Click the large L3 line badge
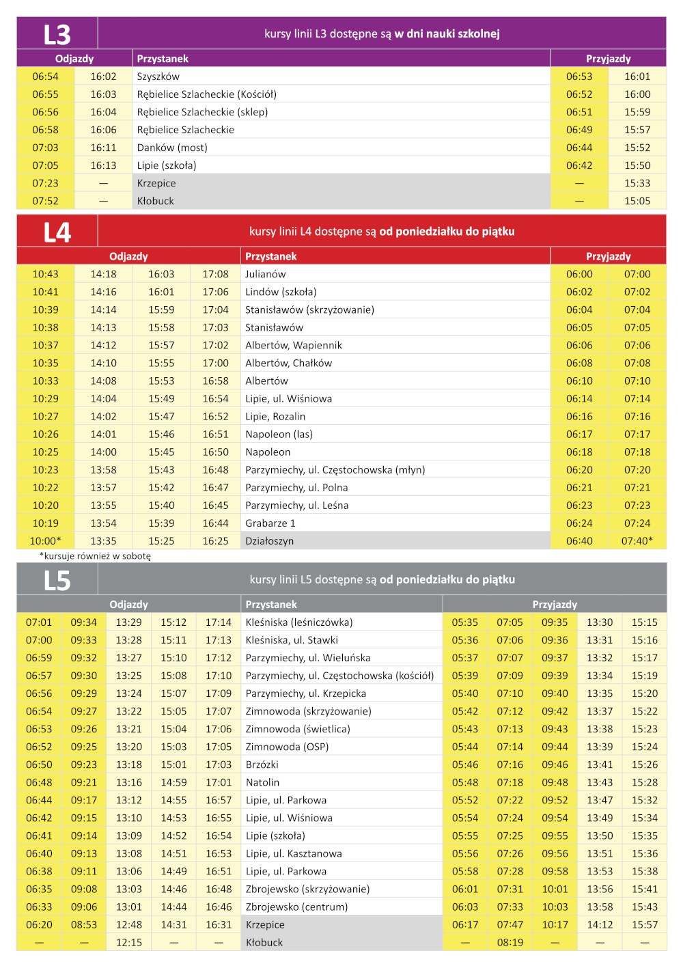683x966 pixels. coord(57,34)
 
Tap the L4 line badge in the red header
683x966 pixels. coord(57,232)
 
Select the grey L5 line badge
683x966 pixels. coord(57,581)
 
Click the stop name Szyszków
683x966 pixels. coord(158,77)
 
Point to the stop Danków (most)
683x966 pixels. coord(172,148)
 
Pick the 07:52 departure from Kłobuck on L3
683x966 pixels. coord(45,201)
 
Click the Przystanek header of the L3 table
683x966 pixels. coord(163,59)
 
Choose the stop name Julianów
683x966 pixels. coord(266,274)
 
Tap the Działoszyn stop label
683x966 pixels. coord(270,541)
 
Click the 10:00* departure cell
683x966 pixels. coord(45,541)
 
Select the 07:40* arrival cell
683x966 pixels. coord(637,541)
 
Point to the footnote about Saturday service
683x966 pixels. coord(95,556)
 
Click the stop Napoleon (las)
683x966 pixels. coord(279,434)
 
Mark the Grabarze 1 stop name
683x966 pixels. coord(270,523)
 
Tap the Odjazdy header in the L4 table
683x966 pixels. coord(128,256)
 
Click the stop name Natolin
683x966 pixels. coord(263,782)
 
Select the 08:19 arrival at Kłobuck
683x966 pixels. coord(510,942)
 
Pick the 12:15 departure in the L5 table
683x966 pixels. coord(129,942)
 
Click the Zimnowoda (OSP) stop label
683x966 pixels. coord(288,747)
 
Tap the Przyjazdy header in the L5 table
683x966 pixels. coord(555,605)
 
